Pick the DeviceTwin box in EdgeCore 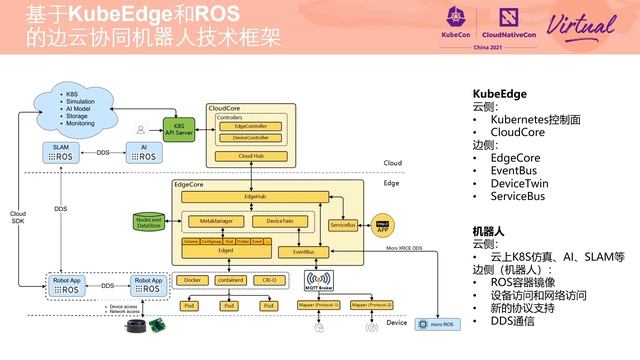[x=272, y=220]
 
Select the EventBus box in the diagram [x=304, y=251]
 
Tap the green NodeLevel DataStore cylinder [x=149, y=221]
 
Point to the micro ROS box [x=436, y=325]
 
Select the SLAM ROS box [x=61, y=152]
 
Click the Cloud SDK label [x=18, y=218]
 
